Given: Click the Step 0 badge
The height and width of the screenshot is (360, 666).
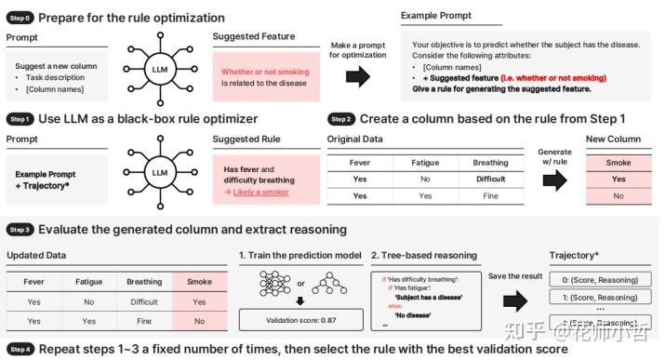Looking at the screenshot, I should click(x=20, y=18).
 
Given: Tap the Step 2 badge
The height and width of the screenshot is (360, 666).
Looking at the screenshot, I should click(x=342, y=119).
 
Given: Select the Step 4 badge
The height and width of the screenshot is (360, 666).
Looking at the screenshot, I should click(x=20, y=350).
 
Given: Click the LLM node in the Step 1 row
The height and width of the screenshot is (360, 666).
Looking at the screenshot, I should click(x=160, y=173).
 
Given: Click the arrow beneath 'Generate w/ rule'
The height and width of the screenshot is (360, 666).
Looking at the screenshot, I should click(x=554, y=179).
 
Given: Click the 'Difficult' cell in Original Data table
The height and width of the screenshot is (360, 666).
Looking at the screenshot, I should click(x=490, y=180).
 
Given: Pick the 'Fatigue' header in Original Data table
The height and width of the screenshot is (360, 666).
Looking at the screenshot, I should click(x=425, y=162).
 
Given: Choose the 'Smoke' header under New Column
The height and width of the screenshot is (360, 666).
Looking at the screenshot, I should click(x=619, y=162).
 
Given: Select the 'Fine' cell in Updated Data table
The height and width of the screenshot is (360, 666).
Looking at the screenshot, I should click(x=144, y=320).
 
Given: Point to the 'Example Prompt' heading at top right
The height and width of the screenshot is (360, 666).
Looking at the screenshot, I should click(x=435, y=16).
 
